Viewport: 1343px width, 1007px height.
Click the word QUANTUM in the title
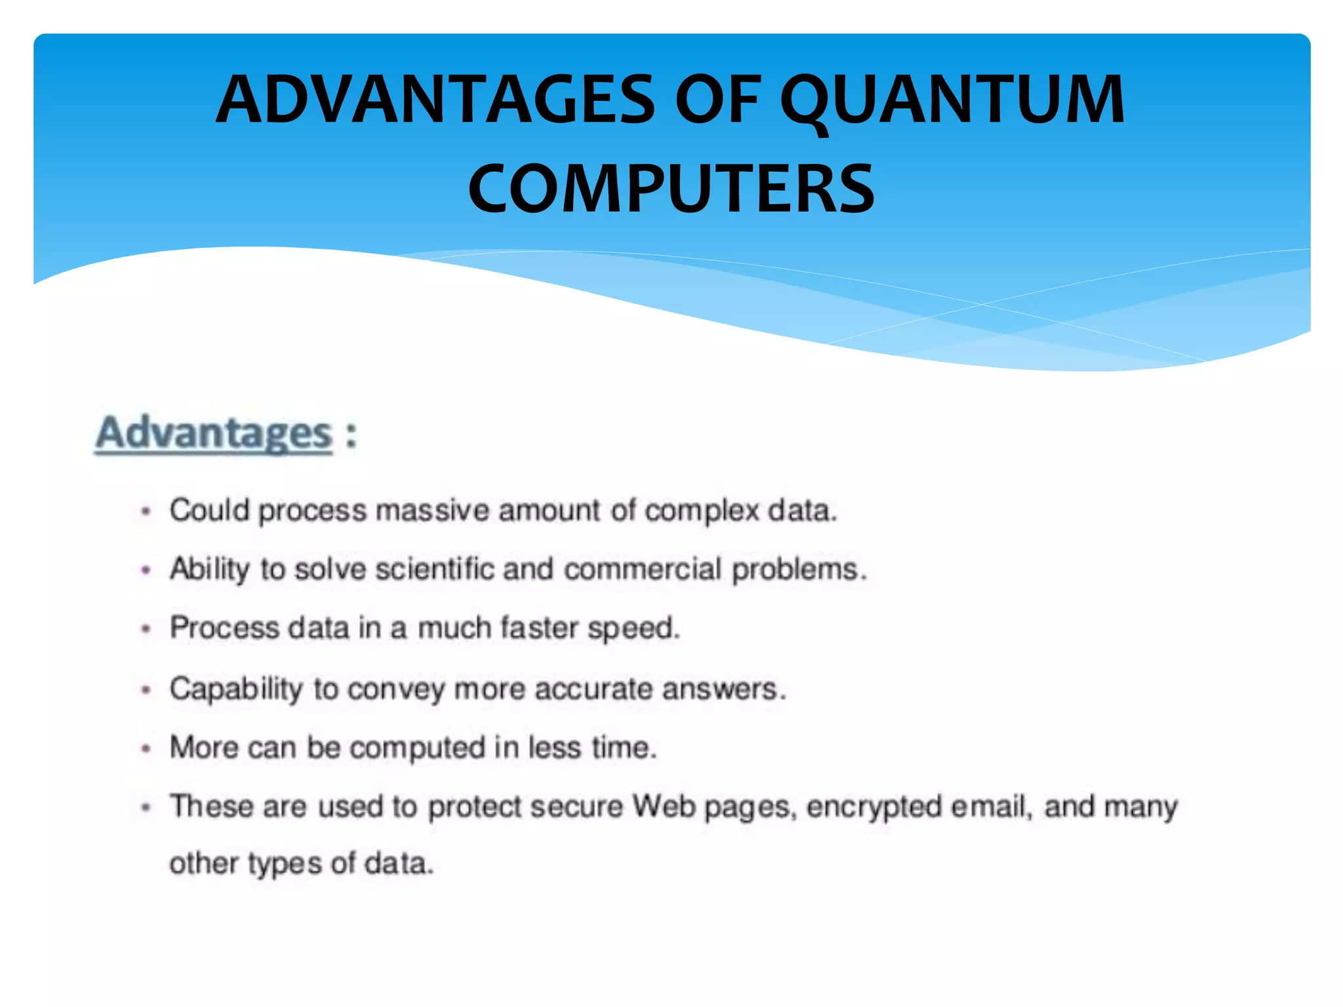[952, 100]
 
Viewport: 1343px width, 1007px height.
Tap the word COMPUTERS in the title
[671, 189]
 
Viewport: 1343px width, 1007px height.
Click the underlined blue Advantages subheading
[214, 433]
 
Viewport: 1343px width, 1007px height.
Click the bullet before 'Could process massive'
[146, 511]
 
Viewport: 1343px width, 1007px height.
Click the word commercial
[643, 568]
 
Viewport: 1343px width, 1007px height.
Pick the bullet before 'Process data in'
[146, 629]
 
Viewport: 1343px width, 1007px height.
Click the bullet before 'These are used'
[146, 807]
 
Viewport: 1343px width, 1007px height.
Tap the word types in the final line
[285, 864]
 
